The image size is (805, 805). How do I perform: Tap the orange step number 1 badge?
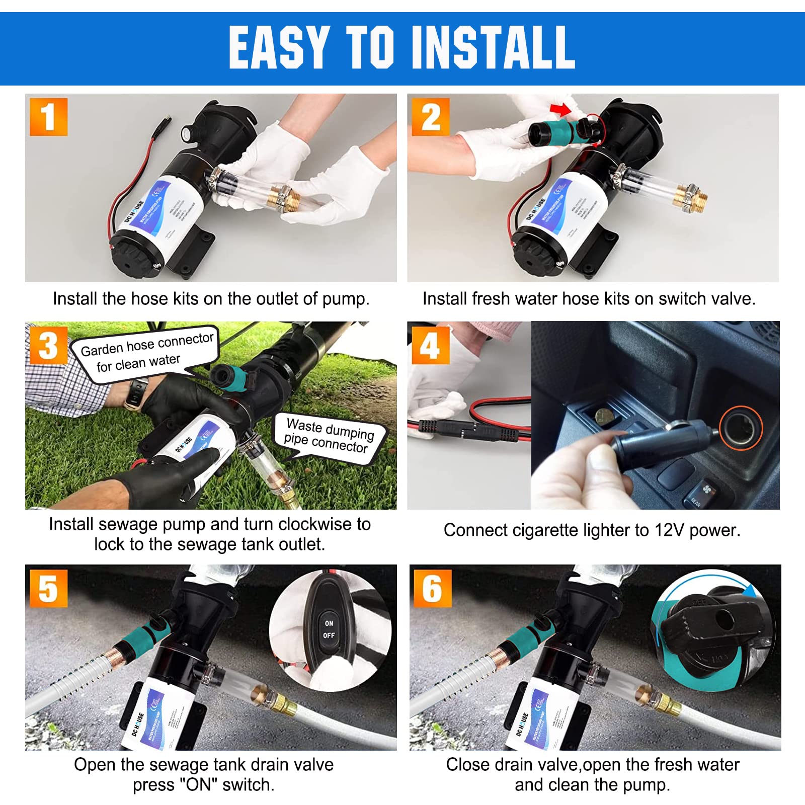point(48,117)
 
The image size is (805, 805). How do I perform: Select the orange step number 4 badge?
point(430,345)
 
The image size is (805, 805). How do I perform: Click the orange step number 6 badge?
point(432,589)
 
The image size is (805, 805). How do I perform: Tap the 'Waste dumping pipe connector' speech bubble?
point(330,436)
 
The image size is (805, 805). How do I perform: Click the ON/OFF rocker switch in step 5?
point(329,629)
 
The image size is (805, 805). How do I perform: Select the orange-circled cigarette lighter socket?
point(741,428)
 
